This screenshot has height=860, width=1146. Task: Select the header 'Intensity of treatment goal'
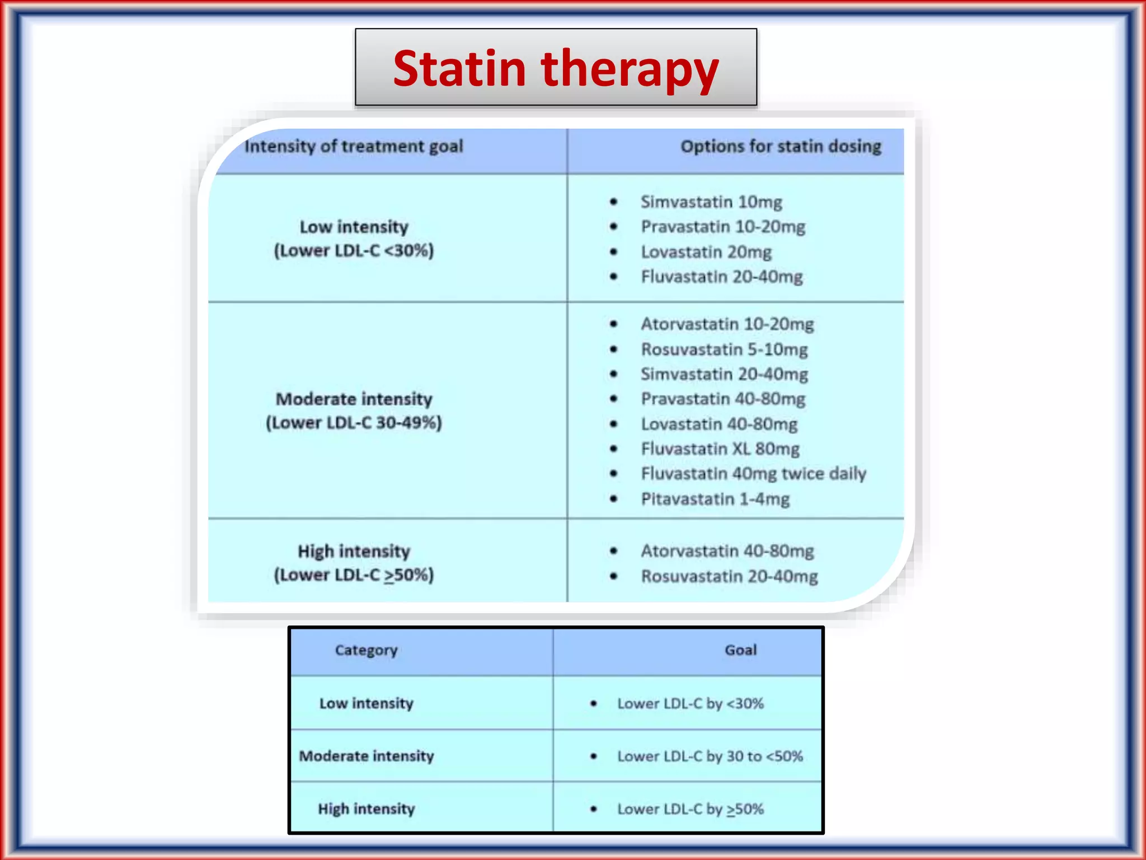tap(354, 147)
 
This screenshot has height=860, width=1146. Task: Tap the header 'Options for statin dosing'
tap(781, 147)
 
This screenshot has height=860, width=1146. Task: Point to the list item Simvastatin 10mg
tap(711, 202)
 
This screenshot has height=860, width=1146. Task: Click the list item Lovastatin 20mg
tap(706, 252)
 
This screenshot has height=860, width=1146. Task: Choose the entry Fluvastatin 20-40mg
tap(722, 277)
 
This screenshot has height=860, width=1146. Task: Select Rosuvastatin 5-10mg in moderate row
tap(724, 349)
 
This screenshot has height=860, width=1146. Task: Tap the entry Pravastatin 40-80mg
tap(723, 399)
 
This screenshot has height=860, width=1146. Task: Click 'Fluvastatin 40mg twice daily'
tap(753, 474)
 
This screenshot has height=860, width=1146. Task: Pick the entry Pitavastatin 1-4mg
tap(715, 499)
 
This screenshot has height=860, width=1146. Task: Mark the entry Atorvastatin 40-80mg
tap(727, 551)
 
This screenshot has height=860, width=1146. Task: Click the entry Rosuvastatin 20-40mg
tap(729, 576)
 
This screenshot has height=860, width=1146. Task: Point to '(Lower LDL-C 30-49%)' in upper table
tap(354, 423)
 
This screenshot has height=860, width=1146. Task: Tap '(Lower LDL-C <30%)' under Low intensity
tap(354, 250)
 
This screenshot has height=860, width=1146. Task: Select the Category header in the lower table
tap(366, 650)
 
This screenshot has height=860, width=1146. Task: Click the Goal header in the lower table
tap(740, 650)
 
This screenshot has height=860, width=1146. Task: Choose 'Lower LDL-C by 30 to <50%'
tap(710, 756)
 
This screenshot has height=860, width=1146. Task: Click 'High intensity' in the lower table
tap(367, 809)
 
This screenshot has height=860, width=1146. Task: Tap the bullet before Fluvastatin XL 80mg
tap(614, 449)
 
